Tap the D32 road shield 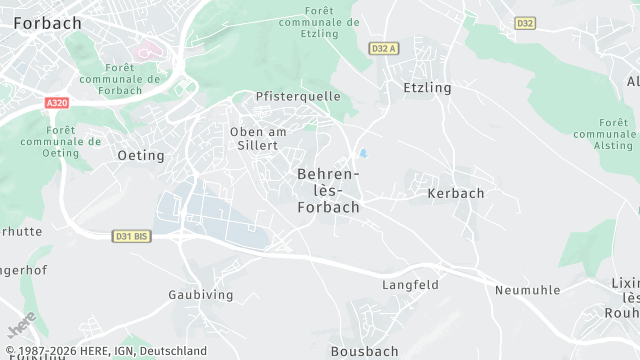point(525,22)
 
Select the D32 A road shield point(384,47)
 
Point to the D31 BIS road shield point(130,235)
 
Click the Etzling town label point(427,88)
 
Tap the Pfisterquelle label point(298,96)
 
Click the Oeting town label point(141,155)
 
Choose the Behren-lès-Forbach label point(328,190)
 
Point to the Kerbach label point(455,193)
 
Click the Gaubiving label point(201,295)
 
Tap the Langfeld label point(410,285)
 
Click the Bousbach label point(364,351)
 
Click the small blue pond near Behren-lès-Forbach point(363,154)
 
